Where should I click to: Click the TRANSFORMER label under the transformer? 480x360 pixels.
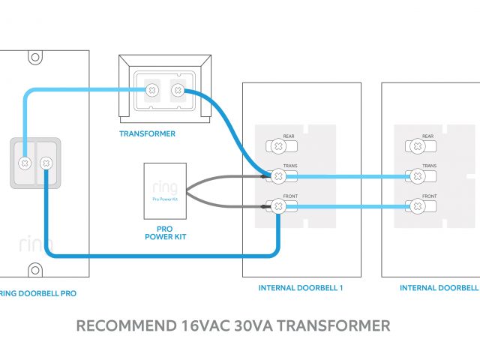point(148,134)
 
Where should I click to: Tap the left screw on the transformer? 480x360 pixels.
point(152,90)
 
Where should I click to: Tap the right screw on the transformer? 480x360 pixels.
point(178,91)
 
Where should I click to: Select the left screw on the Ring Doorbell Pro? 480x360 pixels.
point(25,162)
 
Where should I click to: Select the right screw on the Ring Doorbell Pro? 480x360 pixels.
point(45,162)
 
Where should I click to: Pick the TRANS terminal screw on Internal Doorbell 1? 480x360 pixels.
point(277,175)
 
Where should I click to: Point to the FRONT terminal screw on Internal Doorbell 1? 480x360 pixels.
point(277,205)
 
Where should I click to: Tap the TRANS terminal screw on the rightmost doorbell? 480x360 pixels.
point(415,175)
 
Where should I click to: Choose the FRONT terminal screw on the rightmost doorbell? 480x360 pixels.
point(415,205)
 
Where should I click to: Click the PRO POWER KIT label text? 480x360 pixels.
point(164,232)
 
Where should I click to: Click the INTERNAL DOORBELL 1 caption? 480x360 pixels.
point(301,288)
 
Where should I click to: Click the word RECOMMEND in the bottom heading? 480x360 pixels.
point(126,326)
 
